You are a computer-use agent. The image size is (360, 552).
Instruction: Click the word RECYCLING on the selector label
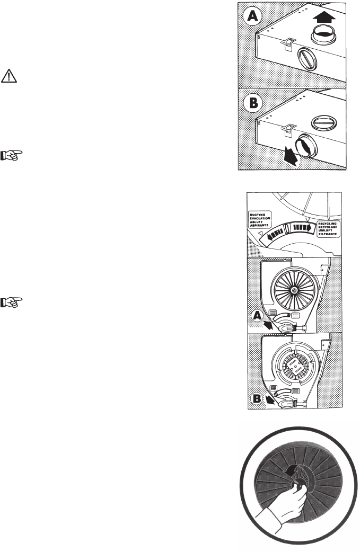[x=326, y=223]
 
